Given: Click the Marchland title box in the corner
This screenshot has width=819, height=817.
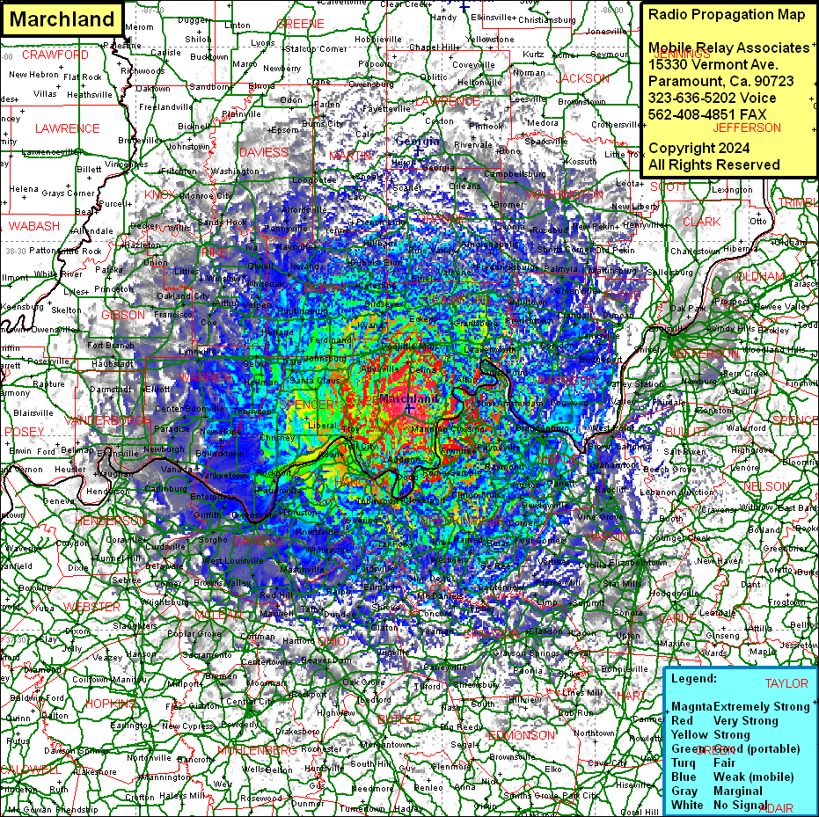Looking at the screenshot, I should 62,19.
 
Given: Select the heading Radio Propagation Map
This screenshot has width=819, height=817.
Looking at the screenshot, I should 726,15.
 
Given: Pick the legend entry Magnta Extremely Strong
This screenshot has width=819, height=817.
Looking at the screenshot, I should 740,706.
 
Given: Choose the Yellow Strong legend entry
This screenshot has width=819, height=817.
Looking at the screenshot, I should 711,734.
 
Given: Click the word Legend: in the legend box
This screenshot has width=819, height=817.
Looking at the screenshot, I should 694,679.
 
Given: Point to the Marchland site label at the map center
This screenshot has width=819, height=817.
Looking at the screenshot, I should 408,399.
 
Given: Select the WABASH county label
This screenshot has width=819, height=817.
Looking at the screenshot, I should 34,226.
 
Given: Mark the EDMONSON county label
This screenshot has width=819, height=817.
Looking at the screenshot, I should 521,734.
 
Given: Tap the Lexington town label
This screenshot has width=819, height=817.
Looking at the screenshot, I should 732,190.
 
